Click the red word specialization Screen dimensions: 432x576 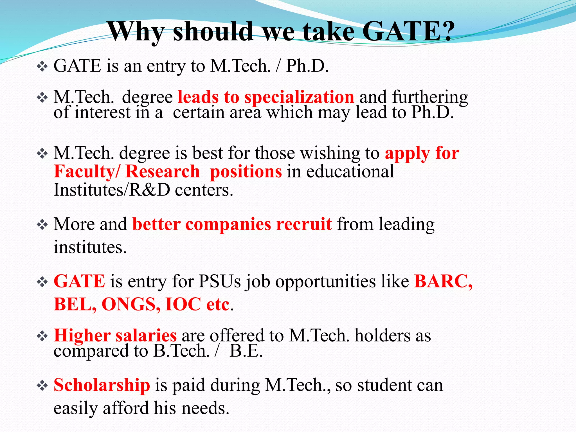[299, 97]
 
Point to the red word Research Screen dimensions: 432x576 [163, 171]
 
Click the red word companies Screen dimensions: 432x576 [228, 224]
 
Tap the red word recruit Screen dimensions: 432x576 [304, 224]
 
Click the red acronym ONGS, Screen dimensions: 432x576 [131, 304]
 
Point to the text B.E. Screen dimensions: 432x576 [246, 351]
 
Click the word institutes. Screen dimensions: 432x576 [90, 247]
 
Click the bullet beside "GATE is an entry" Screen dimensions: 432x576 [42, 67]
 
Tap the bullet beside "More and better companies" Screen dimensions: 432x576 [42, 225]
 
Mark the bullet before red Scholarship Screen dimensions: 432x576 [42, 386]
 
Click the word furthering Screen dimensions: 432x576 [430, 98]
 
